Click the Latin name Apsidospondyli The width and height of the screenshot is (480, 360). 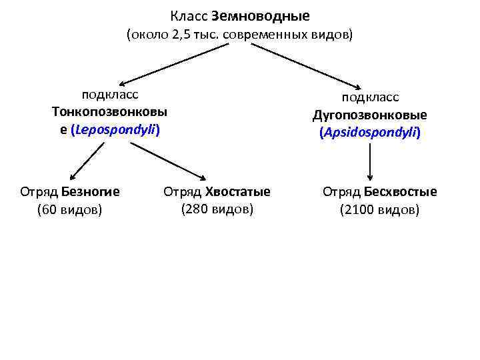point(370,132)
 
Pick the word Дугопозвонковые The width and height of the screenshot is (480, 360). point(370,115)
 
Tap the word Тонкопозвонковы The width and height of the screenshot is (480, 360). point(110,111)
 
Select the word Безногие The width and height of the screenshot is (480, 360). point(90,192)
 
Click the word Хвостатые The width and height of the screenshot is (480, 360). point(238,192)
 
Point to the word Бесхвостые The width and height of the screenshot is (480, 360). point(401,192)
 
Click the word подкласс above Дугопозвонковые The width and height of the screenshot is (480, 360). point(370,97)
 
